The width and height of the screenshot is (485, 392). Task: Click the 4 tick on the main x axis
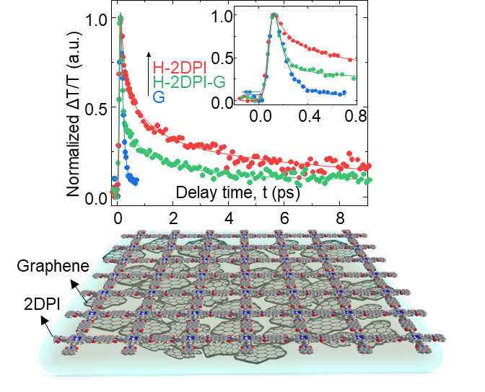coord(229,218)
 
